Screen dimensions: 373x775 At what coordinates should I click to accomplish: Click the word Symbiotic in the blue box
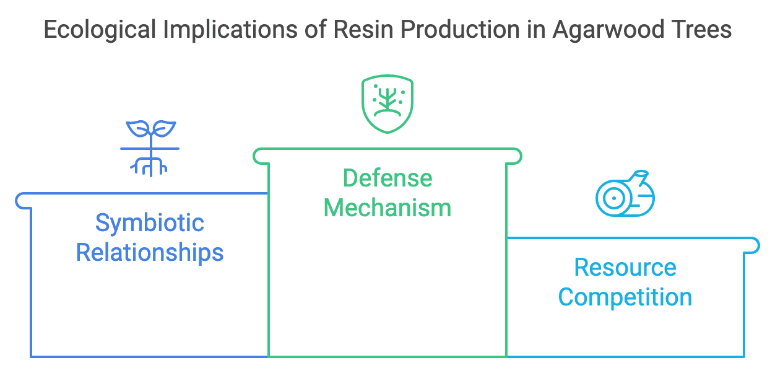click(x=150, y=223)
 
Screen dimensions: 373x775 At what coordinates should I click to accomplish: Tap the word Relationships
click(x=150, y=253)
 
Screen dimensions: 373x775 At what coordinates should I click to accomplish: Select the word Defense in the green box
click(x=387, y=178)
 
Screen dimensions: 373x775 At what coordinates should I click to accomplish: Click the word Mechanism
click(x=387, y=208)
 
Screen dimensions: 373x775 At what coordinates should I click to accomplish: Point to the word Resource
click(x=625, y=268)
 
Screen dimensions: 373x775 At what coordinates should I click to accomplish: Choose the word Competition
click(x=625, y=297)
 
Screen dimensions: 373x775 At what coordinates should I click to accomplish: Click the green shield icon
click(x=387, y=103)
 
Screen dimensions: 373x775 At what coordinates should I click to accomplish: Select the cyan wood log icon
click(x=625, y=193)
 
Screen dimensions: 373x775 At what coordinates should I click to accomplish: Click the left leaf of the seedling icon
click(x=137, y=128)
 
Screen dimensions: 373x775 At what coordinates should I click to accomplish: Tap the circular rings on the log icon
click(x=612, y=199)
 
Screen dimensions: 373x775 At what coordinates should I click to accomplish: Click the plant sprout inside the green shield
click(x=387, y=100)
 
